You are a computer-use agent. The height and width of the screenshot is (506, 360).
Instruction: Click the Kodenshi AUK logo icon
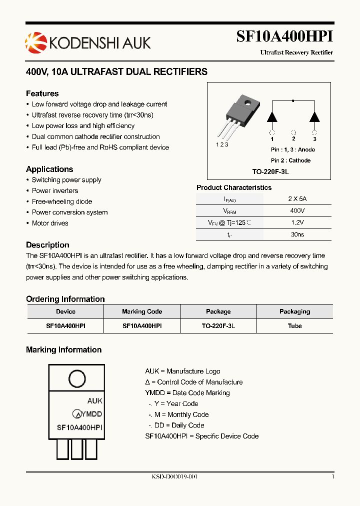35,42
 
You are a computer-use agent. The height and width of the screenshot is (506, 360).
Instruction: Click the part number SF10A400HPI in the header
284,37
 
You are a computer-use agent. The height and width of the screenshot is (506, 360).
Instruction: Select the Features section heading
42,93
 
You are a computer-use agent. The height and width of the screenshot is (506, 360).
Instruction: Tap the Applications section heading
49,169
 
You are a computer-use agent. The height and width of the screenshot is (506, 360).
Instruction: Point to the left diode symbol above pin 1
272,116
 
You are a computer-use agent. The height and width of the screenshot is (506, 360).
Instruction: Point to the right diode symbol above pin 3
314,116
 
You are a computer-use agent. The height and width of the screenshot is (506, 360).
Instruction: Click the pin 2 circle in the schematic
293,132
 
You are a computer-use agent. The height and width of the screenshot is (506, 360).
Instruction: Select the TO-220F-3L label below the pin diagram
270,171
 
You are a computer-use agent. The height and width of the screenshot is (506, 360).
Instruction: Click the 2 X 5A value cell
297,198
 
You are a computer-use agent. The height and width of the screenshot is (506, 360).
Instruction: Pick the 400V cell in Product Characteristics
297,210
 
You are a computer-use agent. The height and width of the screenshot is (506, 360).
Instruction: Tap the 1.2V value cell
297,222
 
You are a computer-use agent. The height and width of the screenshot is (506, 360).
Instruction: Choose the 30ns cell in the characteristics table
297,234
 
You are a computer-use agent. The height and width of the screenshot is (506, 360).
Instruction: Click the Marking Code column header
142,311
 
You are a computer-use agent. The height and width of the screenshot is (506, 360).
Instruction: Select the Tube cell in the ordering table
294,325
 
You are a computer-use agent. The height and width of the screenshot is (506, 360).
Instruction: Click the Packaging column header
294,311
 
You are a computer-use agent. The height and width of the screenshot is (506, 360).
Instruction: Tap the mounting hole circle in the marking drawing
76,377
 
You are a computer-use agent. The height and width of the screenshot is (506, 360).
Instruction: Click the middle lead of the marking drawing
76,449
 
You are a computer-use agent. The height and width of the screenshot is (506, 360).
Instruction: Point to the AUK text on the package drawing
94,401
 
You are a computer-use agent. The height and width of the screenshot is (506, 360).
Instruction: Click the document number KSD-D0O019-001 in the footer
174,477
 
